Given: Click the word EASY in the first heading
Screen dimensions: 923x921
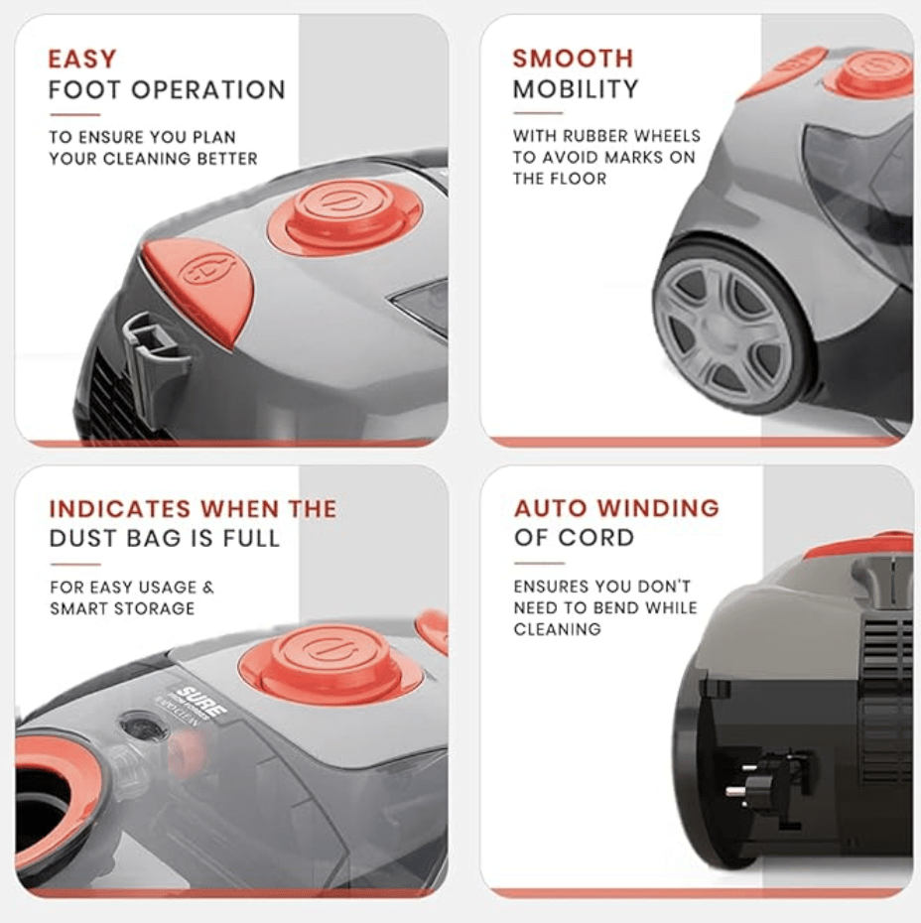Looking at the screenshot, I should tap(82, 60).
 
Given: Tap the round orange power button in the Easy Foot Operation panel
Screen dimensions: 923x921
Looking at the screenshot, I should tap(344, 215).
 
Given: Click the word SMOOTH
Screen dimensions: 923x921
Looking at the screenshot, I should tap(573, 59).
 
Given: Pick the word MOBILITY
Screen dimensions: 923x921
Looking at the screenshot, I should tap(576, 89).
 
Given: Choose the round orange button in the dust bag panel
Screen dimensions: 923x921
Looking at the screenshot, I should tap(330, 661).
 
